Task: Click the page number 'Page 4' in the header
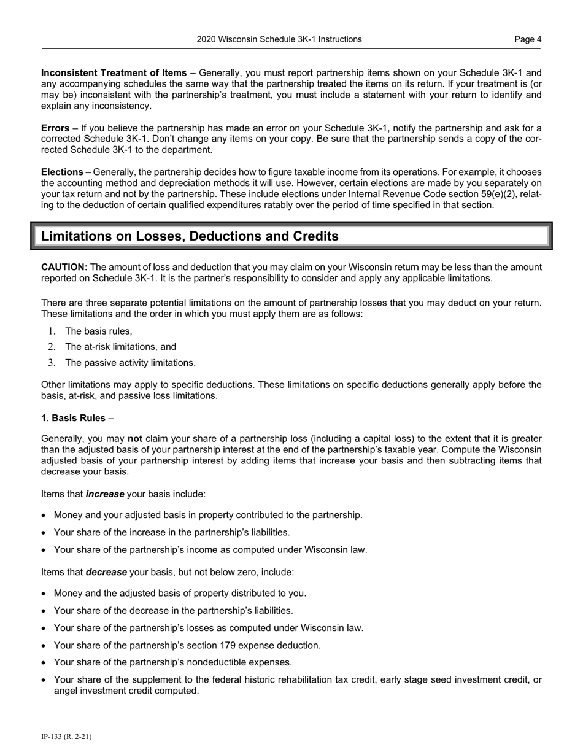(x=528, y=39)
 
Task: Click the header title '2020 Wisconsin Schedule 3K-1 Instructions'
(x=279, y=39)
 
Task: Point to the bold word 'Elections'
(x=62, y=172)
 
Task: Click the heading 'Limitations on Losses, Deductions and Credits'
(x=190, y=236)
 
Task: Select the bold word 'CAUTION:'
(x=64, y=267)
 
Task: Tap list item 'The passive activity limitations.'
(x=130, y=363)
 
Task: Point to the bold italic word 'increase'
(x=106, y=494)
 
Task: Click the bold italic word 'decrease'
(x=106, y=572)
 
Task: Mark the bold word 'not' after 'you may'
(x=135, y=439)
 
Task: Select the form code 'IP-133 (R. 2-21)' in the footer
(x=66, y=737)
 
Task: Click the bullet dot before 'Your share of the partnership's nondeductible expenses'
(x=43, y=662)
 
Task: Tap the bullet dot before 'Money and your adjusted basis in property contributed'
(x=43, y=516)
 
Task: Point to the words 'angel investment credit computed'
(x=126, y=691)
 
